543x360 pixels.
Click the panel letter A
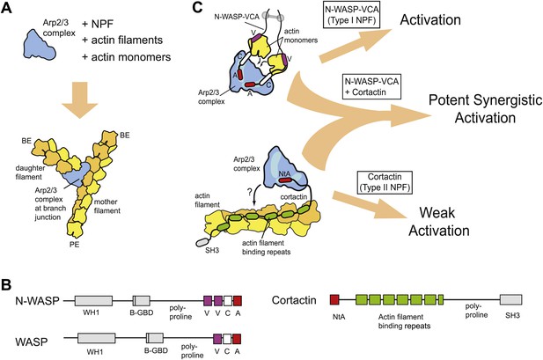pos(7,7)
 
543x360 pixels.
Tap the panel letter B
pos(6,285)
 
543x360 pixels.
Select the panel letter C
pos(197,7)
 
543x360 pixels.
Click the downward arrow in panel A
pos(80,101)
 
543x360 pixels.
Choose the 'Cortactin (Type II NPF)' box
pos(385,182)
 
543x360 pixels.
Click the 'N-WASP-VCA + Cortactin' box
pos(371,86)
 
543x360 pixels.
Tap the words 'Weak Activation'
pos(439,222)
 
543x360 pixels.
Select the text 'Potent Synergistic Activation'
pos(485,109)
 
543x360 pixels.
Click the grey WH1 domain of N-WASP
pos(93,301)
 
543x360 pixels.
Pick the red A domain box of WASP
pos(237,339)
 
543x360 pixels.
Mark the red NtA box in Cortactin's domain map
pos(334,299)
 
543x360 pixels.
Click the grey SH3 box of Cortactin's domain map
pos(510,300)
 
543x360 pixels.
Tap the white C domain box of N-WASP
pos(228,301)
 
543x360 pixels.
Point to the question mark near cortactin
pos(250,193)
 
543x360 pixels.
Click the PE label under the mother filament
pos(75,245)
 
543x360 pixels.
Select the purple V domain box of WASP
pos(217,339)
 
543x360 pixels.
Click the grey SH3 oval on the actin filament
pos(202,241)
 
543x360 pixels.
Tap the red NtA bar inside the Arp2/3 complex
pos(285,180)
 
